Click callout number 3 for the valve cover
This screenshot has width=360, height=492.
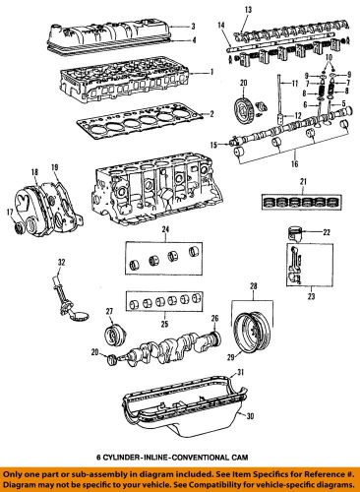(194, 27)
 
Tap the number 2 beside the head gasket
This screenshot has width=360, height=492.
(211, 114)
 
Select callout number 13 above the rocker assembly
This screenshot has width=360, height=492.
(248, 10)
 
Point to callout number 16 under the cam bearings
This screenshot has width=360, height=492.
(294, 163)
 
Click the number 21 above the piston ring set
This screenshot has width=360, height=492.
(303, 181)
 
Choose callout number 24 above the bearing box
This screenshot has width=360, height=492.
(165, 229)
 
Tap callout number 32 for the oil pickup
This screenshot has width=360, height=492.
(62, 262)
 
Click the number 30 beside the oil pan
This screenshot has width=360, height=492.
(250, 416)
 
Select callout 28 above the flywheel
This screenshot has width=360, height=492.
(254, 286)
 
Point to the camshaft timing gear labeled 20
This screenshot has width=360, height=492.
(244, 109)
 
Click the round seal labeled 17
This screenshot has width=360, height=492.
(17, 227)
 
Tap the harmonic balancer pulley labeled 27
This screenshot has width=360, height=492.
(113, 336)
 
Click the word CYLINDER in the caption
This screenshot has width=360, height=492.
(116, 457)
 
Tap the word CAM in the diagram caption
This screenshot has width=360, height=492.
(242, 457)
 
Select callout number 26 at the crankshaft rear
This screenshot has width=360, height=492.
(214, 318)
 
